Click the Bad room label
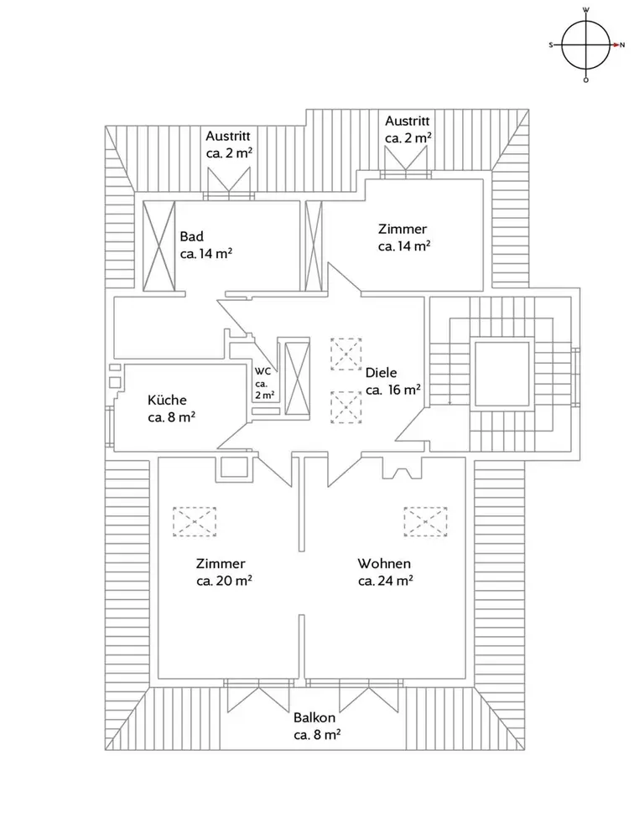(191, 236)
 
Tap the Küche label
(167, 400)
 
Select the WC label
(262, 371)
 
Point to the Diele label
(382, 373)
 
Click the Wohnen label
(384, 563)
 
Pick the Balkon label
(314, 718)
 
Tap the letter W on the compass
(586, 9)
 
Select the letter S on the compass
(551, 45)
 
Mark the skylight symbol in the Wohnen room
(425, 521)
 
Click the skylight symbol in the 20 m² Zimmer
(194, 521)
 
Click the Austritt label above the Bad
(228, 137)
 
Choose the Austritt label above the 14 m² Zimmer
(408, 121)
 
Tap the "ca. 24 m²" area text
(385, 581)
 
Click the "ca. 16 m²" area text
(393, 390)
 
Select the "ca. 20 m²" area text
(224, 581)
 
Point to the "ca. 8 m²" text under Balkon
(317, 735)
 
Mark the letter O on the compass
(586, 80)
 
